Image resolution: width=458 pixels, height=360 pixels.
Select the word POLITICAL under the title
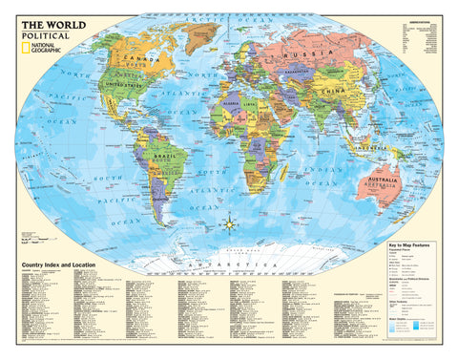pyautogui.click(x=42, y=32)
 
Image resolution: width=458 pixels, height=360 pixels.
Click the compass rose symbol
pyautogui.click(x=230, y=225)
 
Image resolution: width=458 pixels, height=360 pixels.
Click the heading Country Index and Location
pyautogui.click(x=63, y=262)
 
